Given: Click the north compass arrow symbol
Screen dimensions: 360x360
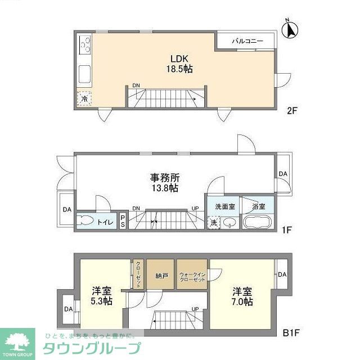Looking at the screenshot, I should [291, 29].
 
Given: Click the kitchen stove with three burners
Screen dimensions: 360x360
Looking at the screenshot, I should [85, 43].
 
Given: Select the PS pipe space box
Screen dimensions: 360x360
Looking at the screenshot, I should [123, 221].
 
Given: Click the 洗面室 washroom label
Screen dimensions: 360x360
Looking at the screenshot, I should [224, 206].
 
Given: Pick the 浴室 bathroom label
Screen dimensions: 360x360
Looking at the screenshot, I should [258, 206].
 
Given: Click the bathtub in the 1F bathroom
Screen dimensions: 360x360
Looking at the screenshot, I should [258, 222].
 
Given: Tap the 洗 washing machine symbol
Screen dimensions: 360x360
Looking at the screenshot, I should [214, 222].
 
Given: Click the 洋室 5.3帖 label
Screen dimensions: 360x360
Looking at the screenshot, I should [102, 296].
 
